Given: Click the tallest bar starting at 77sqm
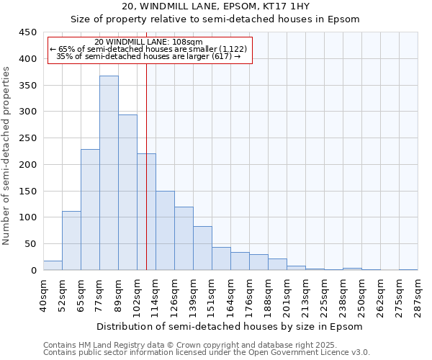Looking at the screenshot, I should pyautogui.click(x=109, y=173).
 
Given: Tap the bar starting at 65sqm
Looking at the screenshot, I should pyautogui.click(x=90, y=210).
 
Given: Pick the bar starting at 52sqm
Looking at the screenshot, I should pyautogui.click(x=71, y=240).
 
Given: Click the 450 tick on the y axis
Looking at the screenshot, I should pyautogui.click(x=27, y=32).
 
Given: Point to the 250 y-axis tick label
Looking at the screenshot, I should pyautogui.click(x=27, y=138).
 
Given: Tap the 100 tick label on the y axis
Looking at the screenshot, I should pyautogui.click(x=27, y=217).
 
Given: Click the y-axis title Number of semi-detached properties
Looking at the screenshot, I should pyautogui.click(x=7, y=155).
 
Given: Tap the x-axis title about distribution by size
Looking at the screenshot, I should pyautogui.click(x=230, y=326).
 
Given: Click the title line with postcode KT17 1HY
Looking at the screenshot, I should pyautogui.click(x=215, y=6).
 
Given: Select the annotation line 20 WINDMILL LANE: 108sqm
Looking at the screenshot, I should pyautogui.click(x=148, y=42).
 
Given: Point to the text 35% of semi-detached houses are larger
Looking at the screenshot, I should pyautogui.click(x=148, y=56).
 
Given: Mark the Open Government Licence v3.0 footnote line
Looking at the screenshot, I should pyautogui.click(x=207, y=352).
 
